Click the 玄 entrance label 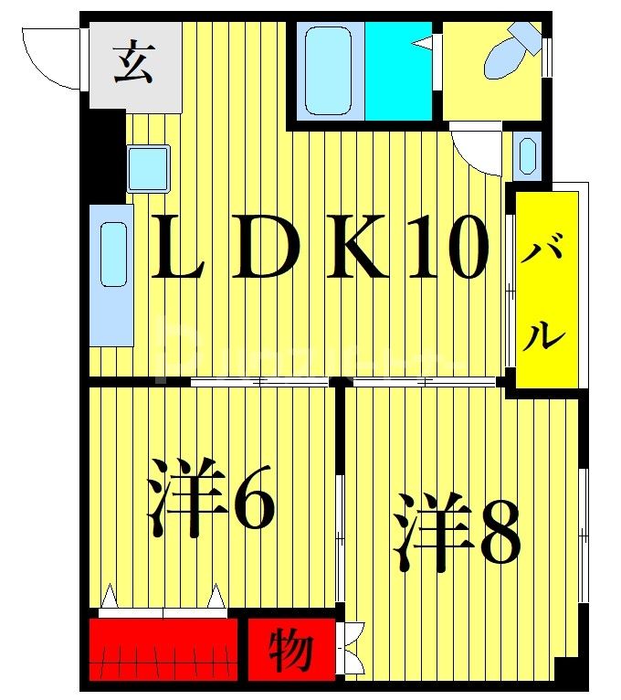(x=133, y=64)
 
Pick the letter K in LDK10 (x=353, y=249)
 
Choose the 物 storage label (x=290, y=651)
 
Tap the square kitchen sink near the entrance (x=148, y=168)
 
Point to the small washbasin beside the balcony (x=527, y=155)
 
